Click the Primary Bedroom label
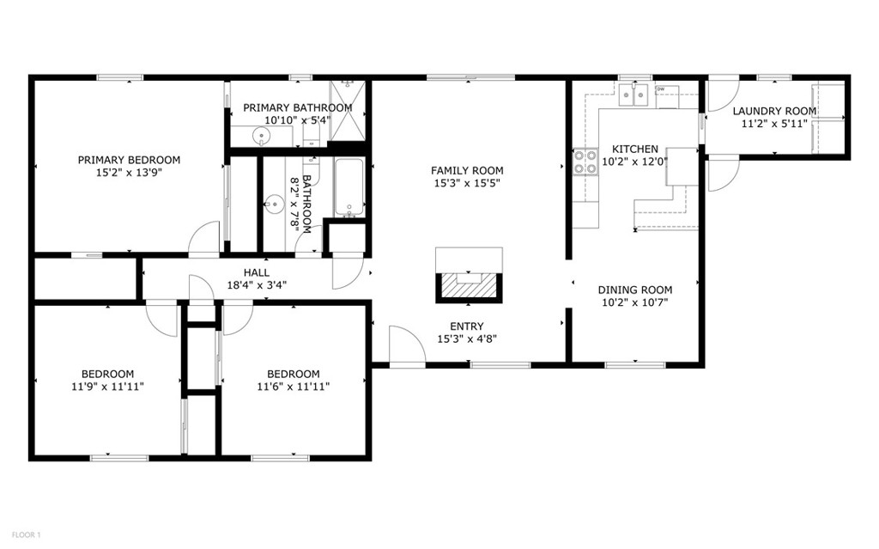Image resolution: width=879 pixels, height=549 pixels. pyautogui.click(x=129, y=160)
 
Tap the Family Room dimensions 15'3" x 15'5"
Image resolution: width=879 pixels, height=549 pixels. pyautogui.click(x=467, y=183)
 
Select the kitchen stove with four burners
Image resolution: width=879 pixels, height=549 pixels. pyautogui.click(x=587, y=162)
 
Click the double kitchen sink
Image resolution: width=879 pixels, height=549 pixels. pyautogui.click(x=635, y=95)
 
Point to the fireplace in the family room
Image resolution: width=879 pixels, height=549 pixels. pyautogui.click(x=468, y=284)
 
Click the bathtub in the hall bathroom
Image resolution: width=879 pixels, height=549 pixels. pyautogui.click(x=349, y=187)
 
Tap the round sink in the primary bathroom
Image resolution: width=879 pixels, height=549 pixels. pyautogui.click(x=262, y=135)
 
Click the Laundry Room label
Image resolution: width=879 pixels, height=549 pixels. pyautogui.click(x=774, y=112)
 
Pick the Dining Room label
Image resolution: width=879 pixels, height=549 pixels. pyautogui.click(x=635, y=290)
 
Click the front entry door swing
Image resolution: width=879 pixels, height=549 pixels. pyautogui.click(x=406, y=345)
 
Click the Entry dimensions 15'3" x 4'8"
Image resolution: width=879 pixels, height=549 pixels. pyautogui.click(x=467, y=339)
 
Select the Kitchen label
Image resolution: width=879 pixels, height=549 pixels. pyautogui.click(x=634, y=149)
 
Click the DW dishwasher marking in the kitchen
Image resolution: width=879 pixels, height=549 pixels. pyautogui.click(x=661, y=89)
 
